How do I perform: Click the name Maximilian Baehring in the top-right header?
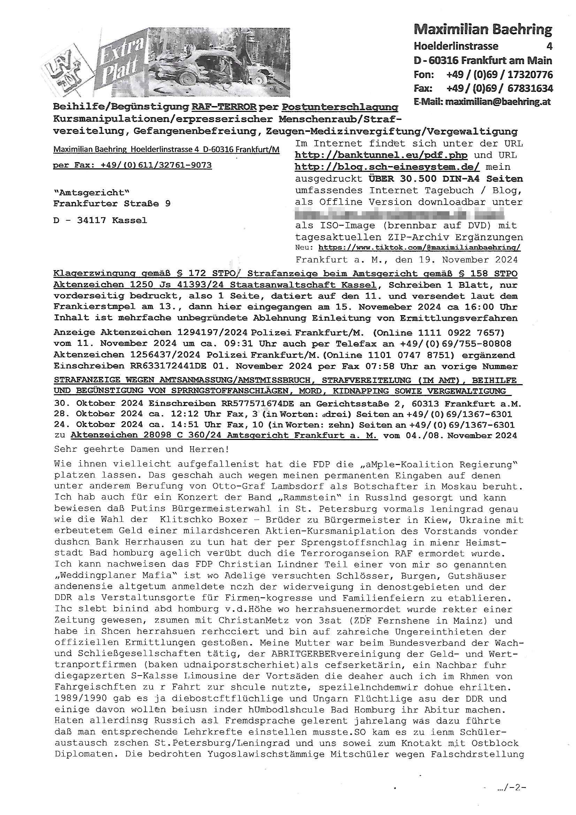[x=483, y=30]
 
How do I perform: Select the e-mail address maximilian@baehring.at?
[x=498, y=102]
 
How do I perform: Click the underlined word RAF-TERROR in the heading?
[x=224, y=107]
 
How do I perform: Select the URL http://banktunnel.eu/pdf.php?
[x=381, y=155]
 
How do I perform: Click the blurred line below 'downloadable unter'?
[x=399, y=214]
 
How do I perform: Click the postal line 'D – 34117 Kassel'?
[x=100, y=220]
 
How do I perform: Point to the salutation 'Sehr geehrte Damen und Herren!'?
[x=141, y=449]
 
